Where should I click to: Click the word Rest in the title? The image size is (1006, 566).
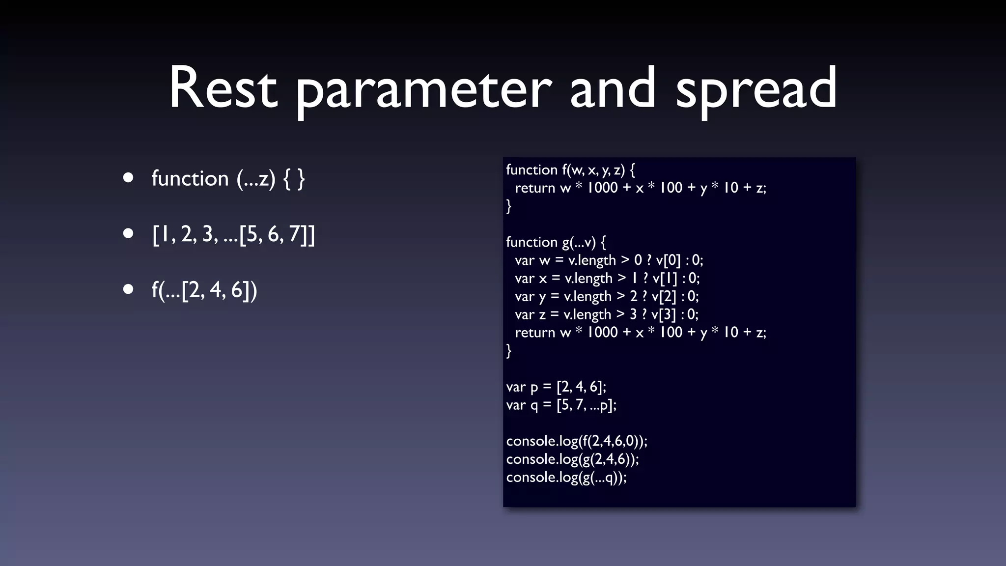pos(224,88)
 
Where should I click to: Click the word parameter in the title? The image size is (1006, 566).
pos(423,91)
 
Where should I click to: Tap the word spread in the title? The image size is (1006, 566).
pos(756,91)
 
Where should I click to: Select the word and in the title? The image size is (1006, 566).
pos(613,88)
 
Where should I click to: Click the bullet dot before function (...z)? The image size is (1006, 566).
pos(128,178)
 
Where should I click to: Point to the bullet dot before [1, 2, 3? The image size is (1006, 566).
pos(128,234)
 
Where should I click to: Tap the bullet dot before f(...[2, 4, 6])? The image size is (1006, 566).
pos(128,290)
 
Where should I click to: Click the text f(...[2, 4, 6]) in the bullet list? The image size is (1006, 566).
pos(204,290)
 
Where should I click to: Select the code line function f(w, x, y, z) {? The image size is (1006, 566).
pos(570,170)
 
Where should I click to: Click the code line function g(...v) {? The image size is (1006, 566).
pos(556,242)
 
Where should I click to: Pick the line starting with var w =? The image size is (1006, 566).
pos(609,260)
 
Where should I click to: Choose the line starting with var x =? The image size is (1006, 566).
pos(607,278)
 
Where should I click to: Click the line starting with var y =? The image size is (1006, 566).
pos(606,296)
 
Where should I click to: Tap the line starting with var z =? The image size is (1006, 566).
pos(606,314)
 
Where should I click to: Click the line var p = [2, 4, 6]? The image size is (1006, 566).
pos(556,387)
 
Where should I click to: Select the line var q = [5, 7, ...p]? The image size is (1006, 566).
pos(561,405)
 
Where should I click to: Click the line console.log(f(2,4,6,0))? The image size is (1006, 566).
pos(577,441)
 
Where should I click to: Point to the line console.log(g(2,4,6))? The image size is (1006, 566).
pos(572,459)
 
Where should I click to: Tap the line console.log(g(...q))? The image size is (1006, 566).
pos(566,478)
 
